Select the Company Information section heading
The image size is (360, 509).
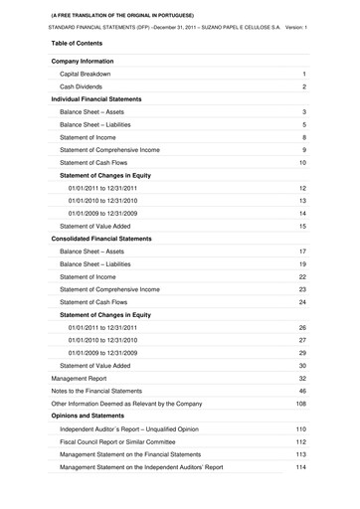88,61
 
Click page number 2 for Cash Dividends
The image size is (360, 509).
303,87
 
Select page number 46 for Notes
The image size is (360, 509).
301,393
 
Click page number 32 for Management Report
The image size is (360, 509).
301,379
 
